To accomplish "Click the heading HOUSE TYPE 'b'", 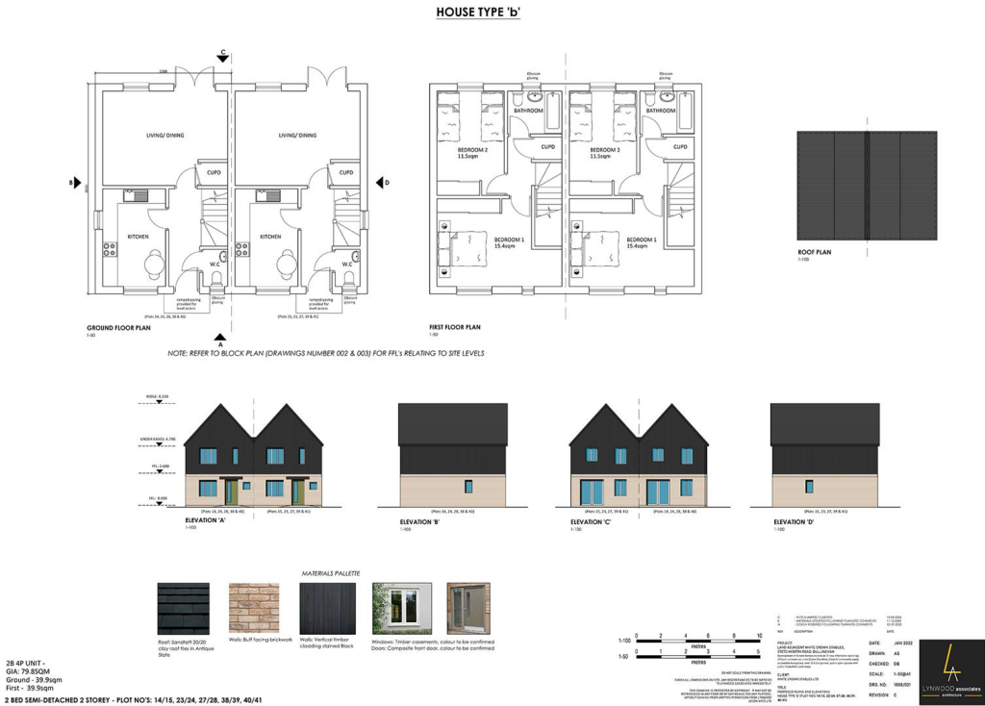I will pyautogui.click(x=478, y=13).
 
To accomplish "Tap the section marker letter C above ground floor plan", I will pyautogui.click(x=223, y=51).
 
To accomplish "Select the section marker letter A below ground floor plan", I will pyautogui.click(x=220, y=343).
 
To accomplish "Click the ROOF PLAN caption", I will pyautogui.click(x=814, y=252).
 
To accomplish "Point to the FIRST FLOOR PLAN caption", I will pyautogui.click(x=454, y=327).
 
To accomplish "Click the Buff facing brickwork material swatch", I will pyautogui.click(x=253, y=607).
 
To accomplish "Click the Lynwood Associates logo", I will pyautogui.click(x=950, y=671).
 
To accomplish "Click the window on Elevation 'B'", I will pyautogui.click(x=467, y=486).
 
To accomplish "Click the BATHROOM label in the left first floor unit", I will pyautogui.click(x=528, y=111).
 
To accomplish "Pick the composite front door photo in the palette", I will pyautogui.click(x=468, y=607).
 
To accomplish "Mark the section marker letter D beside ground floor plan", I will pyautogui.click(x=387, y=182).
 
